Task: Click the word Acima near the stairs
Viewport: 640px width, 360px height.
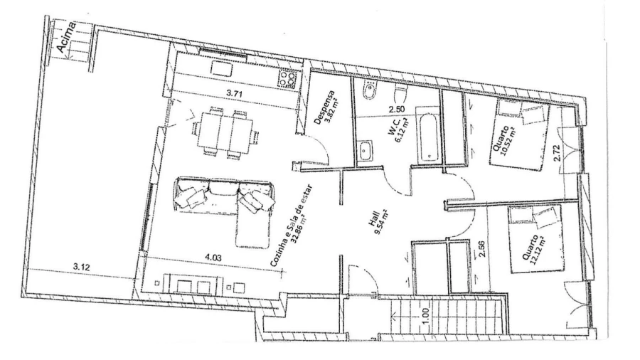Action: click(66, 38)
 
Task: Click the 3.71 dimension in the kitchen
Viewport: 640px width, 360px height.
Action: click(234, 93)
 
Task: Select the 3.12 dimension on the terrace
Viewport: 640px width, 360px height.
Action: click(81, 268)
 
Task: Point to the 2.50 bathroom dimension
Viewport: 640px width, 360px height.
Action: click(397, 109)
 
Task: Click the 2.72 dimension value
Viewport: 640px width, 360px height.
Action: click(558, 153)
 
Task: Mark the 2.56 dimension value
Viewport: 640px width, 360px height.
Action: click(482, 249)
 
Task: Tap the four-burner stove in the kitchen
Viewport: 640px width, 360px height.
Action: click(287, 79)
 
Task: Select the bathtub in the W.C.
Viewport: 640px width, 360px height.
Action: click(428, 134)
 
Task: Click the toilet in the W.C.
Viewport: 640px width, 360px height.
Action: click(400, 93)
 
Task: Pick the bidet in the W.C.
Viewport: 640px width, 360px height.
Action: click(370, 90)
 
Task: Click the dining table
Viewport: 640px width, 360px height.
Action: click(225, 132)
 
